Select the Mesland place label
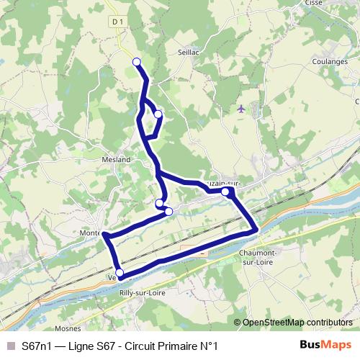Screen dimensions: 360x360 point(116,159)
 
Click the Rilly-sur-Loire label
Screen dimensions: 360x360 point(143,293)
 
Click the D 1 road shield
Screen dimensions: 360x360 point(119,22)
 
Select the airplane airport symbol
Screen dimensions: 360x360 point(240,109)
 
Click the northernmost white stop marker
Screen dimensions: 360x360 point(136,62)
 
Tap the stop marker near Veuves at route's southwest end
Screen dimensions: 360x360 point(120,273)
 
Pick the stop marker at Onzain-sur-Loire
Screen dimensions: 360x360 point(225,192)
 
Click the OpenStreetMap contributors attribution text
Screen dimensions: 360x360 point(297,322)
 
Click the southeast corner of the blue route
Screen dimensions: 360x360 point(256,230)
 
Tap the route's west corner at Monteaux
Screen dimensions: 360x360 point(105,235)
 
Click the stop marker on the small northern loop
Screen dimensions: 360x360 point(158,114)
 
